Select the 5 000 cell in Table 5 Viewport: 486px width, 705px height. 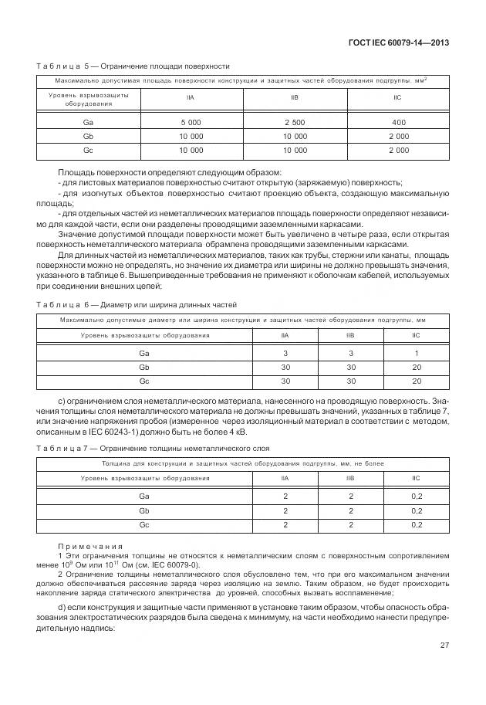pos(191,123)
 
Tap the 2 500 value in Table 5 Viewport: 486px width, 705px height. pos(295,123)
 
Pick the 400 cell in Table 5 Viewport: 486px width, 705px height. pos(398,123)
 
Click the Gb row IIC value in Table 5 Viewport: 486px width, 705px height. pos(398,136)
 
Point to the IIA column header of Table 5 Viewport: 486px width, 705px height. pos(191,99)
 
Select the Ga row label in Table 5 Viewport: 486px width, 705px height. pos(88,123)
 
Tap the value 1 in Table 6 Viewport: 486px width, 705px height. pos(417,353)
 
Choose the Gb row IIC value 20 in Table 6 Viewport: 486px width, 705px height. pos(417,367)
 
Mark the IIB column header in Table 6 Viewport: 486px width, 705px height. pos(350,336)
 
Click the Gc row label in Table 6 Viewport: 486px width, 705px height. pos(143,381)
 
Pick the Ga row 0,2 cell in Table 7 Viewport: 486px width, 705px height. pos(417,497)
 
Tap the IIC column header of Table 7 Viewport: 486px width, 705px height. pos(417,479)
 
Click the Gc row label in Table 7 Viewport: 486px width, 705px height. pos(143,524)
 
